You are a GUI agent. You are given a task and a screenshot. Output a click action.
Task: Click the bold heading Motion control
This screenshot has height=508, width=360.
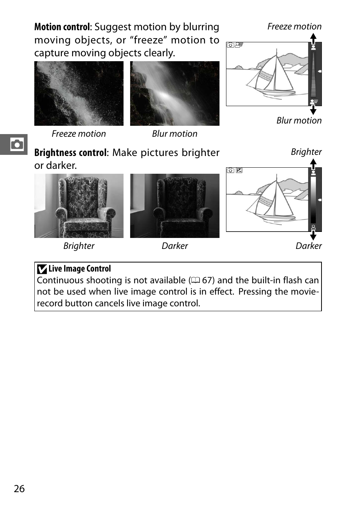[62, 27]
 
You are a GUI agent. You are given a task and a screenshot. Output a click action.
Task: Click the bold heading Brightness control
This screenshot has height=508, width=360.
[70, 153]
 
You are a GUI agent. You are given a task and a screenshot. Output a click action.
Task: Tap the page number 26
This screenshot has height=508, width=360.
[19, 489]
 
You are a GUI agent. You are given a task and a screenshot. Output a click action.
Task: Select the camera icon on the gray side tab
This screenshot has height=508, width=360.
[17, 144]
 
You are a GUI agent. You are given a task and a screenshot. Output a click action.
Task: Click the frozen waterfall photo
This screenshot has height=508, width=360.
[79, 93]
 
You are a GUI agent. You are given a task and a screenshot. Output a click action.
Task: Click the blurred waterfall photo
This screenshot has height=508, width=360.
[175, 93]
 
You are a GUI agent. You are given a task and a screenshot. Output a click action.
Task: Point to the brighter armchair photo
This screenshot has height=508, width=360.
[79, 206]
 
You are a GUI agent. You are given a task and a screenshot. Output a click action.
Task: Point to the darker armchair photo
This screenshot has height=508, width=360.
[175, 206]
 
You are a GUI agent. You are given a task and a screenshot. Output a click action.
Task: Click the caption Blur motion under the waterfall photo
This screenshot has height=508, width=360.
[175, 134]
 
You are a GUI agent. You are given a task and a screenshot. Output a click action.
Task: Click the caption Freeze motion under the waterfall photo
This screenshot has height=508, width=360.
[79, 134]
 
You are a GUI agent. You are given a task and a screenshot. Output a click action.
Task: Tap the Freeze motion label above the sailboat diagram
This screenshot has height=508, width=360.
[294, 26]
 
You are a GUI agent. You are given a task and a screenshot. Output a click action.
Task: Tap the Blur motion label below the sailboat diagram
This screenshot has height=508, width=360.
[299, 120]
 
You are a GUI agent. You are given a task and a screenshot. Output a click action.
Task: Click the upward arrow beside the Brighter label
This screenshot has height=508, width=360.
[313, 164]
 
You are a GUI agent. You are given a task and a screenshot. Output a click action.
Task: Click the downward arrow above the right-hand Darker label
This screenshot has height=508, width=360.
[313, 235]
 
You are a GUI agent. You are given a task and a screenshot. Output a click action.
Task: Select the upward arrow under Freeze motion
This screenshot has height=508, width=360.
[313, 38]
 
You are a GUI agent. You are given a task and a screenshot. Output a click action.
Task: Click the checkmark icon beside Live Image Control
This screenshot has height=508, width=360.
[42, 269]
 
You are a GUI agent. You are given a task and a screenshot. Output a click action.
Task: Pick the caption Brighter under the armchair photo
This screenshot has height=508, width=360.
[79, 246]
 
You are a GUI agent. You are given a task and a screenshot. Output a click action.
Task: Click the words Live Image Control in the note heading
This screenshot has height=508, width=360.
[80, 269]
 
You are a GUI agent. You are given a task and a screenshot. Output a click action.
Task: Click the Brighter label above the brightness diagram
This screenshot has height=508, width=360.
[306, 152]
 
